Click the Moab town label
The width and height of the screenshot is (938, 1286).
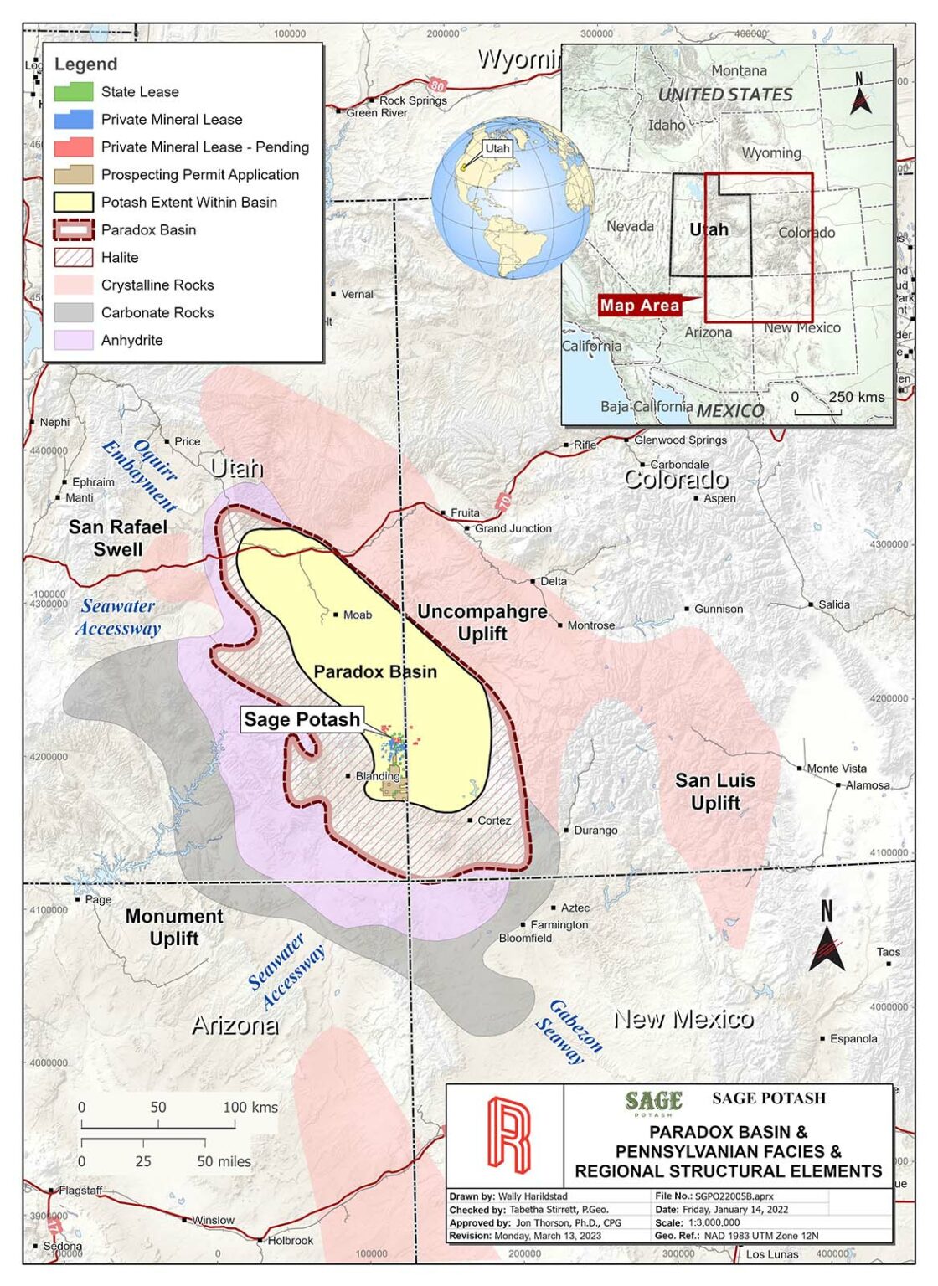click(357, 615)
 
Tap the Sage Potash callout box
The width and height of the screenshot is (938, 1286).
click(301, 719)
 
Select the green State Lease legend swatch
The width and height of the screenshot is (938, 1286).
click(73, 91)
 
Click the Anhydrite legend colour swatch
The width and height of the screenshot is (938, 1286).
click(73, 340)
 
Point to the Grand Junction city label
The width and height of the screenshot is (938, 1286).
click(513, 528)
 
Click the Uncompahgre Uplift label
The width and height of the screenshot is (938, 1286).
click(482, 622)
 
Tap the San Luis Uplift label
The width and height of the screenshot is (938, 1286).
click(715, 791)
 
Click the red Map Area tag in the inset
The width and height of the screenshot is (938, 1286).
click(640, 305)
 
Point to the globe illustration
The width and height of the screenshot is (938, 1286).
click(513, 199)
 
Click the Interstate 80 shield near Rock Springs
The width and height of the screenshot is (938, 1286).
click(436, 85)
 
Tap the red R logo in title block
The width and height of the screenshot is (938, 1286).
click(509, 1135)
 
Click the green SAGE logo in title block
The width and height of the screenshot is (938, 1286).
click(653, 1101)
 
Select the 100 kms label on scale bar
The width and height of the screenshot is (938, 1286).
click(250, 1107)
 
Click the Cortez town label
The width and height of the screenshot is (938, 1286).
click(493, 820)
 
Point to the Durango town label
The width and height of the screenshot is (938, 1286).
click(595, 831)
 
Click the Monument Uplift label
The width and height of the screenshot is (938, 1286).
click(174, 927)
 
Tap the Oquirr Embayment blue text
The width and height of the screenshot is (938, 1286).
click(141, 475)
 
